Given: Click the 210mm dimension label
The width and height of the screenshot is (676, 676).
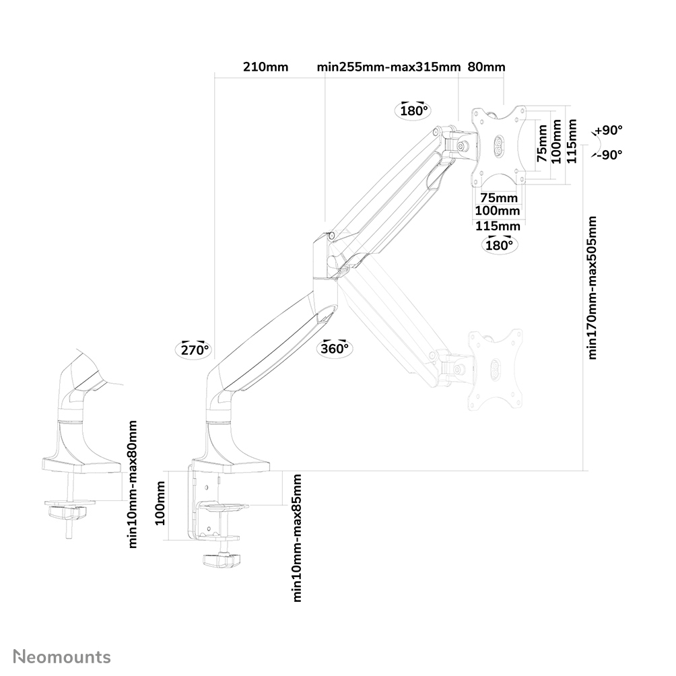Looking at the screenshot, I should click(x=265, y=67).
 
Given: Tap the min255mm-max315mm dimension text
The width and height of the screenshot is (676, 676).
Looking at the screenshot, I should click(x=388, y=67).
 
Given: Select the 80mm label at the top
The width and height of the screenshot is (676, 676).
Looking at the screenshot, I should click(x=485, y=67).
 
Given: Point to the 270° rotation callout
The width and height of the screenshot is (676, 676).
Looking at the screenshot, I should click(x=195, y=349).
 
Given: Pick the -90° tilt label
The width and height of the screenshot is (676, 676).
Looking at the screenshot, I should click(x=609, y=154).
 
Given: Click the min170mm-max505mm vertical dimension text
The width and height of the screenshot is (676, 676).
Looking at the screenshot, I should click(x=593, y=288).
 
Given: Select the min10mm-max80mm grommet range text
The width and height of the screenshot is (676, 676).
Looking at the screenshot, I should click(x=133, y=484).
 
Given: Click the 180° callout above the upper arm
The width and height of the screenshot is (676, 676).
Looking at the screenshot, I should click(x=414, y=110).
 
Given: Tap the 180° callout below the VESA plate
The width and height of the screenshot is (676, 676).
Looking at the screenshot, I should click(x=498, y=244).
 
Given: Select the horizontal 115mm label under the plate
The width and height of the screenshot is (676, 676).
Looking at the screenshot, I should click(x=498, y=226).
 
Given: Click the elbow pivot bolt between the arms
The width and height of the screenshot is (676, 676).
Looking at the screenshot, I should click(x=332, y=236).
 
